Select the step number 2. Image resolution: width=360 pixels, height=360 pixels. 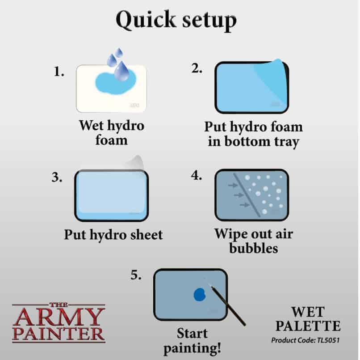(197, 68)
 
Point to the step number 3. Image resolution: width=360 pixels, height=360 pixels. (57, 177)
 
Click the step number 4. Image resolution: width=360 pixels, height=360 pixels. (197, 175)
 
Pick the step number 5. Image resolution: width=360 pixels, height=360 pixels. (136, 275)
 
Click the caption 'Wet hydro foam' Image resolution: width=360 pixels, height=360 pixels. (112, 132)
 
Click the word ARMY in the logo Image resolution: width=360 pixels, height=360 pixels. (58, 317)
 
